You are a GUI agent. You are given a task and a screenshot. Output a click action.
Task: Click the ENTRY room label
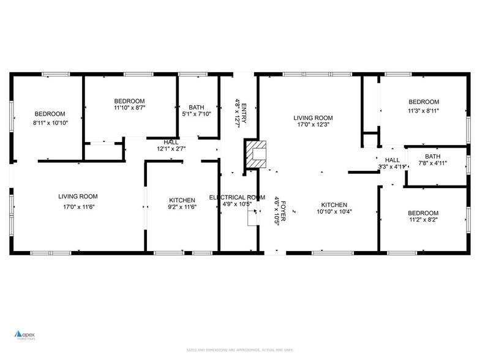point(244,114)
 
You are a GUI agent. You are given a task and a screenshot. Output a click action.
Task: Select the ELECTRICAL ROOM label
point(237,198)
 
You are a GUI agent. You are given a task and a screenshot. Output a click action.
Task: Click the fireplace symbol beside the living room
point(256,154)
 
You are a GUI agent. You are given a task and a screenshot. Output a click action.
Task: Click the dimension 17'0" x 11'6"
point(78,206)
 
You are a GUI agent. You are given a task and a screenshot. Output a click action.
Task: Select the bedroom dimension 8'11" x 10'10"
point(50,122)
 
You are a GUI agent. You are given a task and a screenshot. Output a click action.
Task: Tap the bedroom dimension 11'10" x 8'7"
point(129,108)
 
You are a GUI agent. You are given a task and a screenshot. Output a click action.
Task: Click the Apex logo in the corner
point(26,335)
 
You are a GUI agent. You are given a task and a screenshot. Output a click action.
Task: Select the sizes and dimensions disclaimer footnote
point(239,350)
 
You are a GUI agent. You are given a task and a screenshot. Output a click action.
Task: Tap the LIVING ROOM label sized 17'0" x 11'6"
point(78,197)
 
